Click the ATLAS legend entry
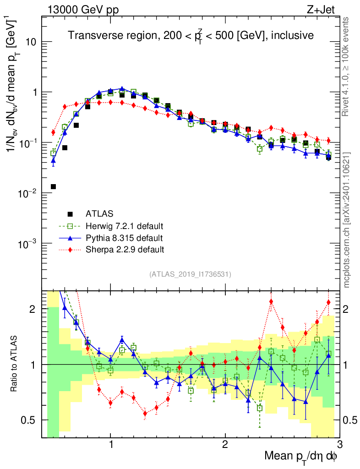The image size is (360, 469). (100, 214)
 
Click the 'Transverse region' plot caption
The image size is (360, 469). (191, 36)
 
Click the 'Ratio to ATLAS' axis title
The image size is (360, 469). (15, 364)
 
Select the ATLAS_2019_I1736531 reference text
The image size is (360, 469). (190, 274)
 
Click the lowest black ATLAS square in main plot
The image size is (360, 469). (53, 186)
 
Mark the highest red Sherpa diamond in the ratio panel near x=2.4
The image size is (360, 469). (271, 301)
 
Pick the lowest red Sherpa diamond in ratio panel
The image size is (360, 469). (145, 413)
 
